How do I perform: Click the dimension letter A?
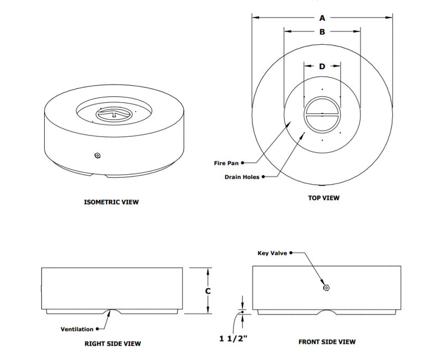coord(322,18)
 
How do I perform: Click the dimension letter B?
coord(322,32)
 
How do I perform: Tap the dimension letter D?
coord(322,66)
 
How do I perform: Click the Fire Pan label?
coord(227,164)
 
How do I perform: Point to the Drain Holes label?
coord(241,177)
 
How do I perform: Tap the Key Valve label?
coord(272,253)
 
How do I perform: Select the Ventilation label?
coord(77,329)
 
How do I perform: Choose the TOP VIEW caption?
coord(323,197)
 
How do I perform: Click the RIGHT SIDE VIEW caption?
coord(113,343)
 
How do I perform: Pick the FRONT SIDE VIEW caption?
coord(327,342)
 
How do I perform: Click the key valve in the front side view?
coord(326,288)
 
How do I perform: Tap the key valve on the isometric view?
coord(97,156)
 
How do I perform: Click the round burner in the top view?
coord(322,115)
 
